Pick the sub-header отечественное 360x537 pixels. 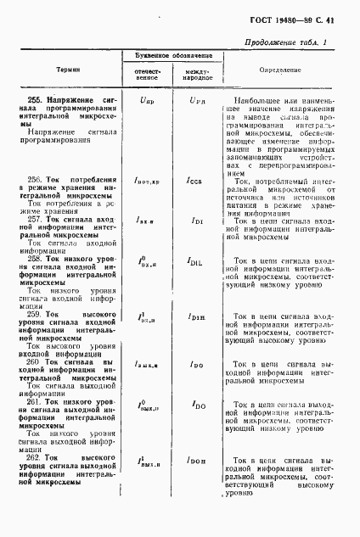(x=148, y=76)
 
